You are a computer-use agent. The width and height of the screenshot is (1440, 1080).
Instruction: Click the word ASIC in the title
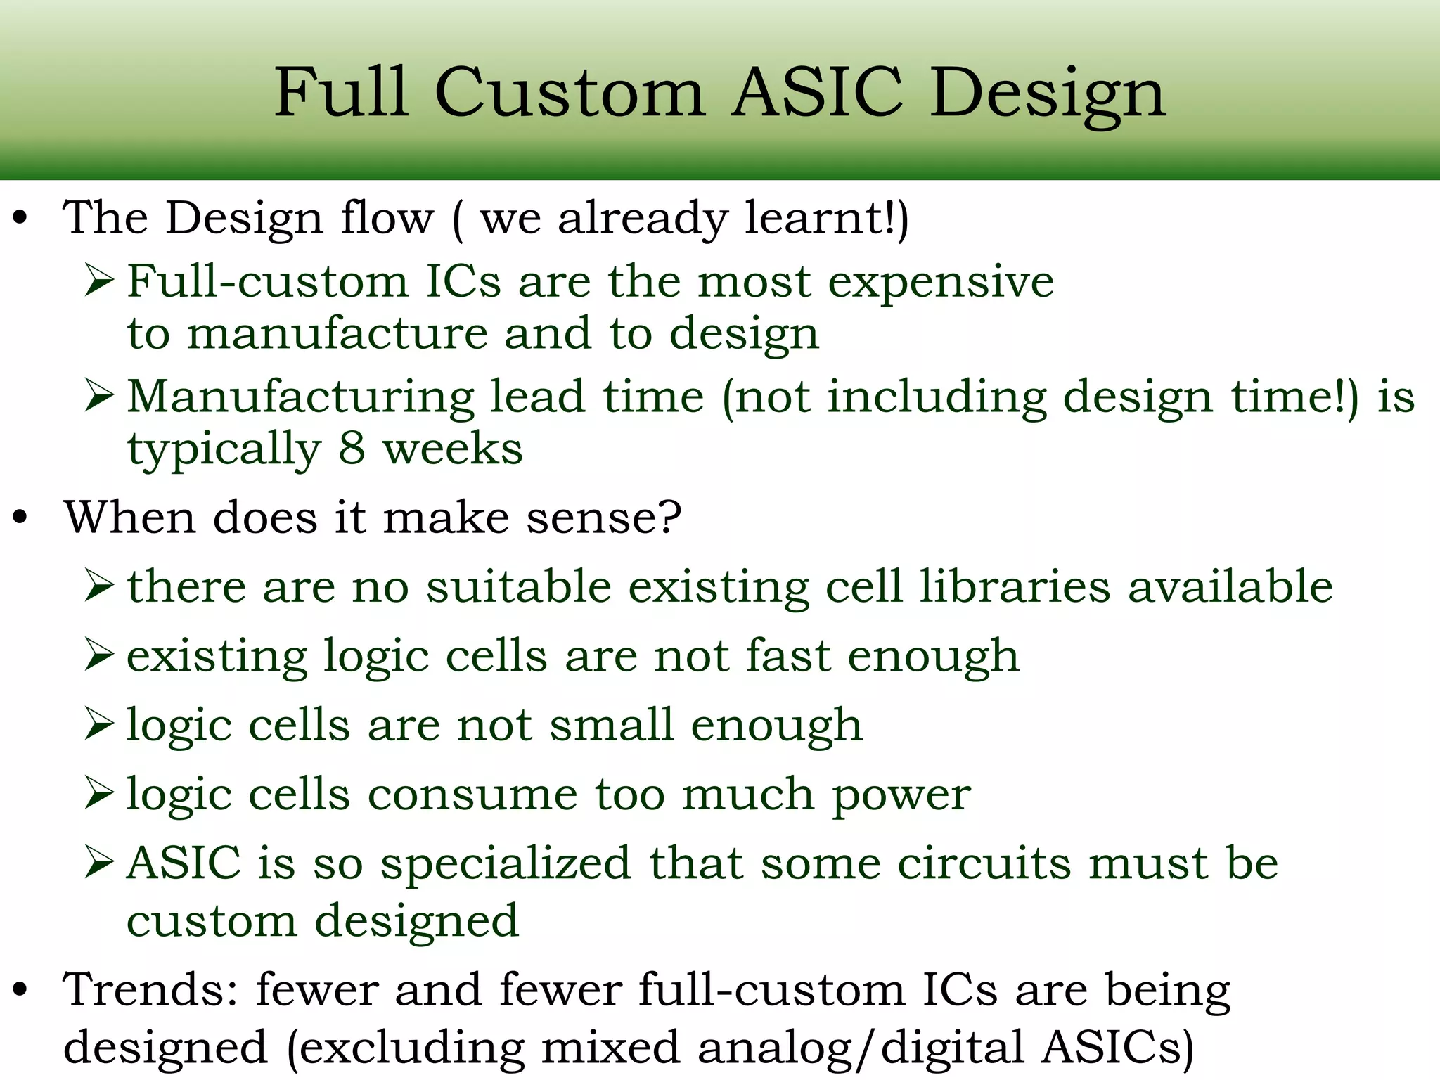click(817, 93)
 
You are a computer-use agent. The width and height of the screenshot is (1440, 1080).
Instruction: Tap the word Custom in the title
click(570, 93)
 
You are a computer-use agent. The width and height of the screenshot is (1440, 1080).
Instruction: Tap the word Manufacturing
click(301, 398)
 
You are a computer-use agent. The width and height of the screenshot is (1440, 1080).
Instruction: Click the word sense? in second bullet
click(604, 518)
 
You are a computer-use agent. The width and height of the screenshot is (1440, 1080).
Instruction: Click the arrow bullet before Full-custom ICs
click(99, 281)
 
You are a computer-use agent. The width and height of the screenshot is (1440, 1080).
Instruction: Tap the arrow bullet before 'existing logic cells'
click(99, 655)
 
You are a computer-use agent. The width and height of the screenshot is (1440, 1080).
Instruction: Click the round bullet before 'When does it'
click(20, 518)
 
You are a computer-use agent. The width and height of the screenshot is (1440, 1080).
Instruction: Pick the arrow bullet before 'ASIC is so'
click(99, 863)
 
